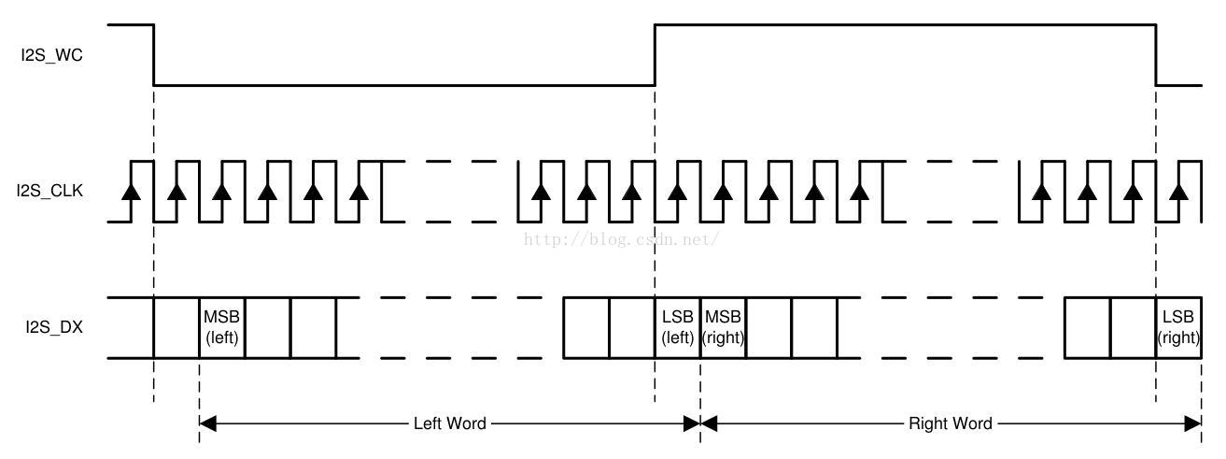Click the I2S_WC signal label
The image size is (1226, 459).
[x=52, y=55]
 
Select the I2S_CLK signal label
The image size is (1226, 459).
[x=49, y=191]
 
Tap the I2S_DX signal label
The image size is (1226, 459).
[x=54, y=327]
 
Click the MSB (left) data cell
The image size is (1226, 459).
[x=222, y=327]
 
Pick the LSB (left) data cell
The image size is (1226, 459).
[x=678, y=327]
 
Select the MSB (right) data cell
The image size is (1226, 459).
[x=723, y=327]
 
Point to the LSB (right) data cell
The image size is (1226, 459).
[x=1178, y=327]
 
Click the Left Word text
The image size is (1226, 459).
[x=450, y=423]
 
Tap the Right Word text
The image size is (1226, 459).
[x=951, y=423]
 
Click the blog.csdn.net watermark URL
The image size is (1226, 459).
[x=622, y=239]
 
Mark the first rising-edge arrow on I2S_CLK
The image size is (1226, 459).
[x=131, y=192]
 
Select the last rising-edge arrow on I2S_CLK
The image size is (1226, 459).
[x=1178, y=192]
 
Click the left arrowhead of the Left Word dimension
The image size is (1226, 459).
[x=208, y=423]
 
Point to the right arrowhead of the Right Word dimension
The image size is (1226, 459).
[x=1192, y=423]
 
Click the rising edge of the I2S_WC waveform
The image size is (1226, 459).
[x=655, y=55]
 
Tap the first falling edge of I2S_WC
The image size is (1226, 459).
[x=154, y=55]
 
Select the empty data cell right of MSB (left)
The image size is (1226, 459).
[x=268, y=327]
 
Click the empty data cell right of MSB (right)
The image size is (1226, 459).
[x=769, y=327]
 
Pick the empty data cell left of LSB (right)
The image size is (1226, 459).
[x=1133, y=327]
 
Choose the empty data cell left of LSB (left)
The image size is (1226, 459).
[x=631, y=327]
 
